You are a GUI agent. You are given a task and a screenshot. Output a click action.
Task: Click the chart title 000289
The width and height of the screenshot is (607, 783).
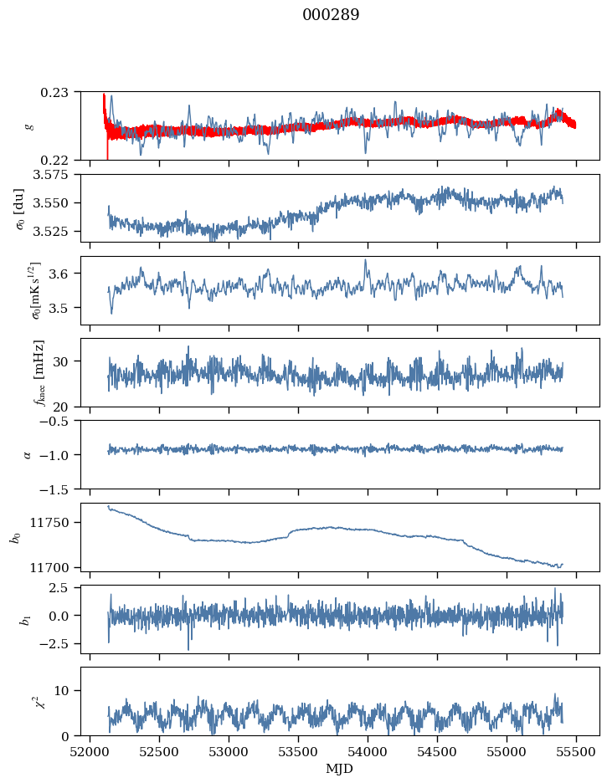331,15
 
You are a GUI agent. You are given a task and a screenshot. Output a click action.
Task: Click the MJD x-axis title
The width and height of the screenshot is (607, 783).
340,769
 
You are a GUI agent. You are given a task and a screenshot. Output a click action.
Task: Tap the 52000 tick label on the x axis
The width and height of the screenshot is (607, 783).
90,751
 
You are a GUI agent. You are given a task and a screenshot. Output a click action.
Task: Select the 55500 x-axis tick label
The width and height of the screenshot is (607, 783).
576,751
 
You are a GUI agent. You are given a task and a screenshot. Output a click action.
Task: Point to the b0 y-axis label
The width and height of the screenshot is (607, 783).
15,536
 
